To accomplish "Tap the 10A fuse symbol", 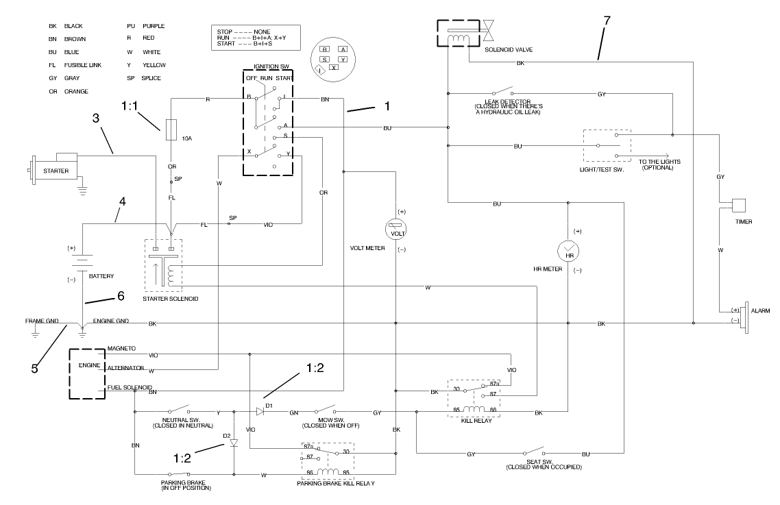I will (x=173, y=129).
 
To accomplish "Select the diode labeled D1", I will (x=260, y=412).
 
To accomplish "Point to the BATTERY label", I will (x=101, y=275).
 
